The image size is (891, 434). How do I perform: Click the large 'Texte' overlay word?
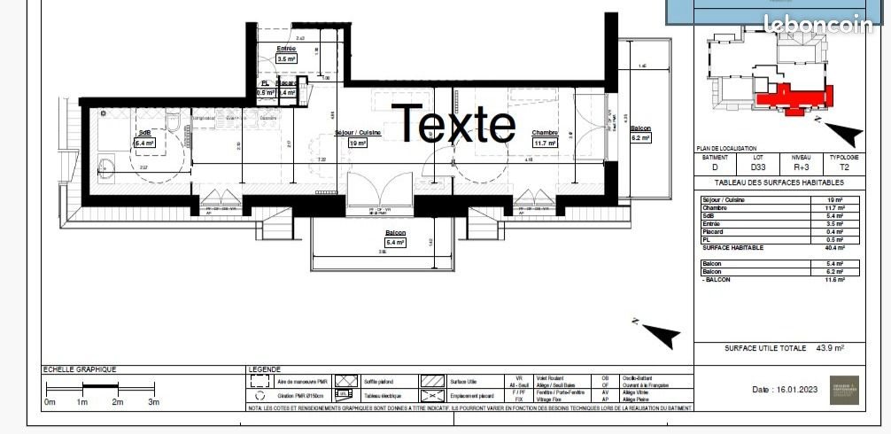(x=453, y=124)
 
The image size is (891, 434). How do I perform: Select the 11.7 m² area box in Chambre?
(x=544, y=142)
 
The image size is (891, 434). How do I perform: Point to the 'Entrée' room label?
(x=286, y=48)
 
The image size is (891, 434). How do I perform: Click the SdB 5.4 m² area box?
(x=144, y=142)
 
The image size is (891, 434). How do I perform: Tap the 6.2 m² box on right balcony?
(x=640, y=137)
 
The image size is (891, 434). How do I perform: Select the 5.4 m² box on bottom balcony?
(x=394, y=242)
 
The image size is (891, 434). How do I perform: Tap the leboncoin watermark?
(x=818, y=26)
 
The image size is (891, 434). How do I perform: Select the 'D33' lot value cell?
(x=758, y=166)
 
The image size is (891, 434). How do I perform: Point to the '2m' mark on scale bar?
(x=117, y=402)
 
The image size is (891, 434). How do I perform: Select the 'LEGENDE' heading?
(x=265, y=369)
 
